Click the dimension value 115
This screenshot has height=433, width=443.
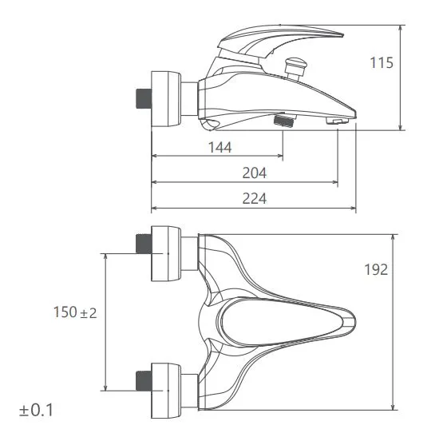382,62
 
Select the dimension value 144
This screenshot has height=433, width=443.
220,147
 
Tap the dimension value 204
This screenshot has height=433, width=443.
254,172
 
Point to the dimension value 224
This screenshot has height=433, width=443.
254,198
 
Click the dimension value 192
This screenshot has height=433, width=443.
374,269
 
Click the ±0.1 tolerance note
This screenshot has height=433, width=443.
37,411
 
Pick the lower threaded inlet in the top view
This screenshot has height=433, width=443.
141,382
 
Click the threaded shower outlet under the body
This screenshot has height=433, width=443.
284,122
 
